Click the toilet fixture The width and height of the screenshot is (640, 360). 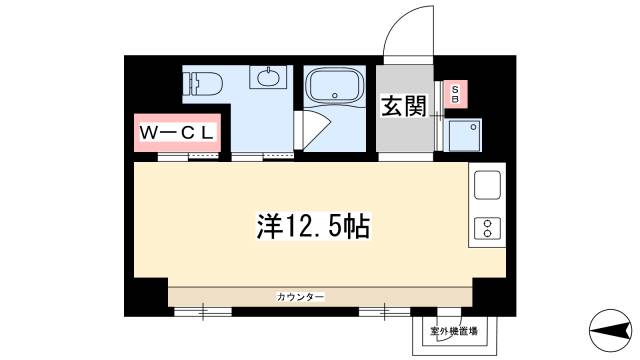pyautogui.click(x=203, y=84)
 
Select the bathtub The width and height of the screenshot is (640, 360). pyautogui.click(x=335, y=86)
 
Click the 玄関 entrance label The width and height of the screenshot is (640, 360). pyautogui.click(x=404, y=106)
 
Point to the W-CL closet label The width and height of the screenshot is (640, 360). pyautogui.click(x=177, y=133)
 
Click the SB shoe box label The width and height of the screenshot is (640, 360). pyautogui.click(x=455, y=94)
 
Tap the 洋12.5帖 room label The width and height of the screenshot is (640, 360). pyautogui.click(x=313, y=225)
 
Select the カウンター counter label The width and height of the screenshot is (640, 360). pyautogui.click(x=301, y=297)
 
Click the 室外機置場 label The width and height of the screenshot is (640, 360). pyautogui.click(x=454, y=331)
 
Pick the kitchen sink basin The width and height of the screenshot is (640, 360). pyautogui.click(x=487, y=185)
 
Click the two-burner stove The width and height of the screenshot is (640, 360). pyautogui.click(x=487, y=228)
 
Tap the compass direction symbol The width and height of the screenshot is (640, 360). pyautogui.click(x=611, y=330)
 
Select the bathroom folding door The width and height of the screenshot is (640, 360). pyautogui.click(x=311, y=130)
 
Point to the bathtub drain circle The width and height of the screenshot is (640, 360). pyautogui.click(x=335, y=96)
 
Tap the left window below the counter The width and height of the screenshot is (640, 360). pyautogui.click(x=203, y=312)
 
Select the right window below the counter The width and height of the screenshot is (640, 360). pyautogui.click(x=384, y=312)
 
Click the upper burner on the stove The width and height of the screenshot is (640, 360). pyautogui.click(x=487, y=223)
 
